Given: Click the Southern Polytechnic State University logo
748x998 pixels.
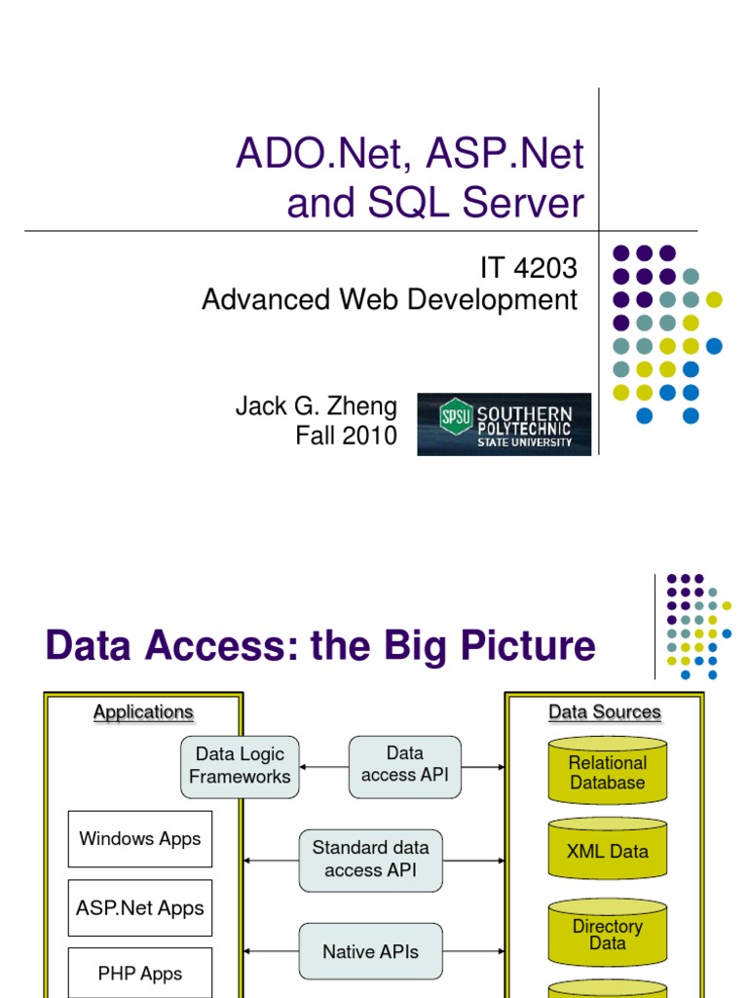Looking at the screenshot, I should click(504, 424).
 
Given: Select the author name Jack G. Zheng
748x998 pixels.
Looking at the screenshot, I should click(317, 405).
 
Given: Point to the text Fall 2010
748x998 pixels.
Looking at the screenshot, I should click(346, 436).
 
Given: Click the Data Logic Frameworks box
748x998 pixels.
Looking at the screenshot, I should click(240, 766).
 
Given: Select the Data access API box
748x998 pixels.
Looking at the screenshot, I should click(405, 766).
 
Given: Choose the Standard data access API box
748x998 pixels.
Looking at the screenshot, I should click(370, 860).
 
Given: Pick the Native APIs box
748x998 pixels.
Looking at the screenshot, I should click(370, 951).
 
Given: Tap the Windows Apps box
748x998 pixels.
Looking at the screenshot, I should click(140, 839).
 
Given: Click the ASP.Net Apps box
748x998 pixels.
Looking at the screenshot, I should click(140, 908).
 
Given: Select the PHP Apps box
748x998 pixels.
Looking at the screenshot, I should click(140, 974).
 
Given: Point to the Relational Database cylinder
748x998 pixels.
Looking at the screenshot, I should click(607, 773).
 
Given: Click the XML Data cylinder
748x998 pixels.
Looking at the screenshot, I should click(607, 851).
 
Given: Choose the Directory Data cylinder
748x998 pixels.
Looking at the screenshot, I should click(607, 935).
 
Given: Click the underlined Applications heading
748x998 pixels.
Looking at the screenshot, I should click(143, 712).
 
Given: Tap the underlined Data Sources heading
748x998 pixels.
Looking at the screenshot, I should click(605, 712).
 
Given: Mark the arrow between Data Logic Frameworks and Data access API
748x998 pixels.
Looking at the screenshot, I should click(323, 767).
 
